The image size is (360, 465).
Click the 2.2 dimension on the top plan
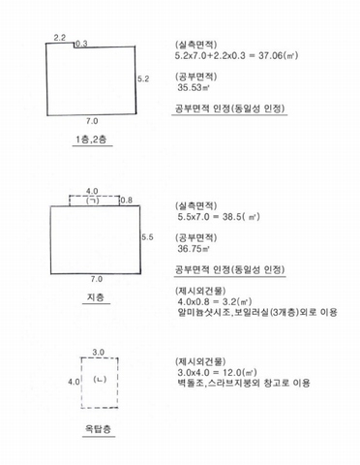[x=60, y=38]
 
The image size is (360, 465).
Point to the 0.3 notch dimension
[x=81, y=44]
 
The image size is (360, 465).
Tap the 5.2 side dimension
[x=143, y=78]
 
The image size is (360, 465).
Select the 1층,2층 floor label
[x=91, y=139]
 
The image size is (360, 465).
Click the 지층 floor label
[x=96, y=297]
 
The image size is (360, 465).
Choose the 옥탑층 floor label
[x=98, y=429]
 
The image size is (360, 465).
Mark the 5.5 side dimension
[x=147, y=237]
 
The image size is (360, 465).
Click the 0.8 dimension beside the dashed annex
[x=127, y=201]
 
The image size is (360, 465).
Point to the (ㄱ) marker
[x=93, y=201]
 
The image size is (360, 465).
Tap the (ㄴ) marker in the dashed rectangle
[x=100, y=379]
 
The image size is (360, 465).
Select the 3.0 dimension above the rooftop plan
[x=98, y=353]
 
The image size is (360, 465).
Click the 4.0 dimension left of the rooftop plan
[x=74, y=382]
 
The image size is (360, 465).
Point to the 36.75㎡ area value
[x=194, y=249]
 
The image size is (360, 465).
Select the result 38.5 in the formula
[x=231, y=217]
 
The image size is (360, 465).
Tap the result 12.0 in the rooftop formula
[x=232, y=372]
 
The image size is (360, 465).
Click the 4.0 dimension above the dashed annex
[x=92, y=192]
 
